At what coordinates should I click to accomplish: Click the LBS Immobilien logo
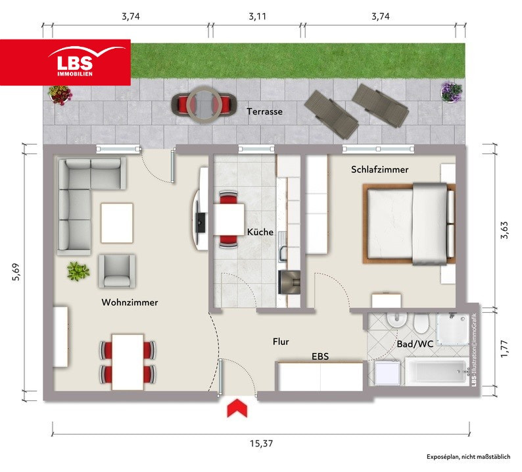point(65,63)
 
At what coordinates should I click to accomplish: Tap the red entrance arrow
point(237,408)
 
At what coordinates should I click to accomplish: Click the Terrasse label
point(265,111)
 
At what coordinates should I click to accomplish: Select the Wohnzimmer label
point(130,302)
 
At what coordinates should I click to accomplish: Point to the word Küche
point(260,232)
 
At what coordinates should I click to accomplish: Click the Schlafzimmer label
point(379,169)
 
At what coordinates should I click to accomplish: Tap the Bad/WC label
point(415,344)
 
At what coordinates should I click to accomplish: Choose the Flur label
point(281,342)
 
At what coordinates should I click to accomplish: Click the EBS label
point(320,356)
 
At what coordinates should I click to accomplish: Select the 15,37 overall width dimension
point(262,444)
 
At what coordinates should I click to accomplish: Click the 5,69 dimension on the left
point(16,273)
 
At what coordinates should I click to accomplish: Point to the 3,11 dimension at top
point(257,16)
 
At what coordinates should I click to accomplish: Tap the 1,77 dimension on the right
point(504,349)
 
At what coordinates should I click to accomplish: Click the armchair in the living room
point(116,271)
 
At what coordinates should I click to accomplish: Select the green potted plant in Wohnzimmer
point(78,271)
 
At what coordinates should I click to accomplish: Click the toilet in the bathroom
point(421,323)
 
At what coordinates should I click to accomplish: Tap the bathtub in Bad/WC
point(437,371)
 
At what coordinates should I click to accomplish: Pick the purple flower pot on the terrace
point(452,91)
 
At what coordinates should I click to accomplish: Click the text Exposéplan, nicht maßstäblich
point(468,457)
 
